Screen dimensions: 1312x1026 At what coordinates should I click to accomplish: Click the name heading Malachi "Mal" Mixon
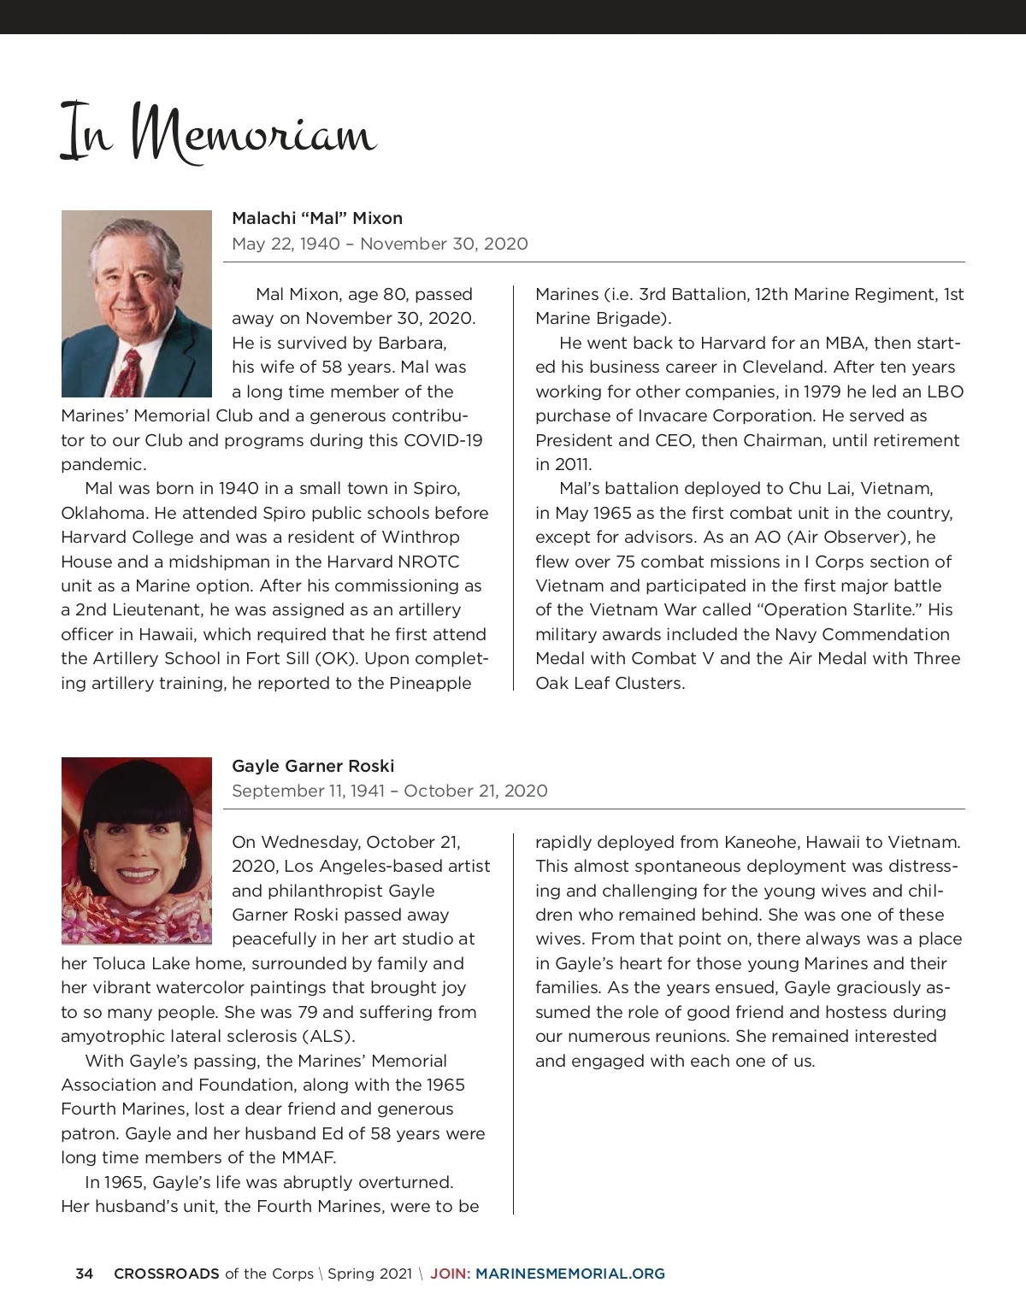pyautogui.click(x=317, y=218)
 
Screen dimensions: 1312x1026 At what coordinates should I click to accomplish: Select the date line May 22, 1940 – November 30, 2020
pyautogui.click(x=380, y=244)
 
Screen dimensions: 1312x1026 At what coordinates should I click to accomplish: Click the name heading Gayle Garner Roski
pyautogui.click(x=313, y=766)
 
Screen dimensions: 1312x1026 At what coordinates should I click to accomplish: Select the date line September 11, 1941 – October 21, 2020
pyautogui.click(x=390, y=791)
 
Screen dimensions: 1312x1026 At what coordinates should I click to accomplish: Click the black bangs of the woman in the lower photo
pyautogui.click(x=137, y=791)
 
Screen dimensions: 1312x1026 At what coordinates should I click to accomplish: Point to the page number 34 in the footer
pyautogui.click(x=85, y=1274)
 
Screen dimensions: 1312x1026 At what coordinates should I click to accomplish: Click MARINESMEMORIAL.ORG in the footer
pyautogui.click(x=570, y=1274)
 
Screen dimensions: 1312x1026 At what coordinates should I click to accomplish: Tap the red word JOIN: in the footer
pyautogui.click(x=450, y=1274)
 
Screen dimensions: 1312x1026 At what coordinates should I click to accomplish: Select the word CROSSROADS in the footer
pyautogui.click(x=167, y=1274)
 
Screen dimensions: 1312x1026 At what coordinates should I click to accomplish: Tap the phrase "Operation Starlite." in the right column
pyautogui.click(x=839, y=609)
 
